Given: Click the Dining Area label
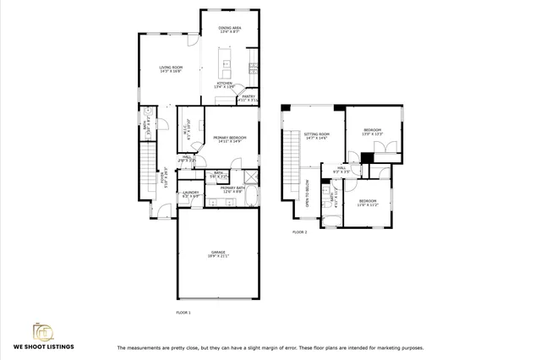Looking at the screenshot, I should [230, 30].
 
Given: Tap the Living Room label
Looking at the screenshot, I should [172, 69].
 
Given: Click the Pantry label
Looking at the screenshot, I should [249, 98].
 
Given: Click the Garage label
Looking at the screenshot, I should [219, 254].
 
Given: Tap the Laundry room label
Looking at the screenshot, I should [191, 195].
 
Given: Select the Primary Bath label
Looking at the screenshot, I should [232, 190].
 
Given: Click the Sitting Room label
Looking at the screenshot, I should [317, 136].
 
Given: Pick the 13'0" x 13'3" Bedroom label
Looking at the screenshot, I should [373, 132].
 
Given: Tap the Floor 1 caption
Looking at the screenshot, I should [183, 313].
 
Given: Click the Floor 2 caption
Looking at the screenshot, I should [299, 232].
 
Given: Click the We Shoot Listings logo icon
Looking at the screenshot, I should [43, 330].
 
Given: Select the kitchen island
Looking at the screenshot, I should [226, 63].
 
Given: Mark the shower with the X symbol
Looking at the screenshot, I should [249, 177].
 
